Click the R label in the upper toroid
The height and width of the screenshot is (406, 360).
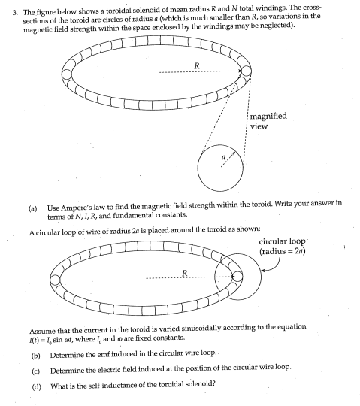197,65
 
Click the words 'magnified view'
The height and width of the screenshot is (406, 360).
271,121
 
